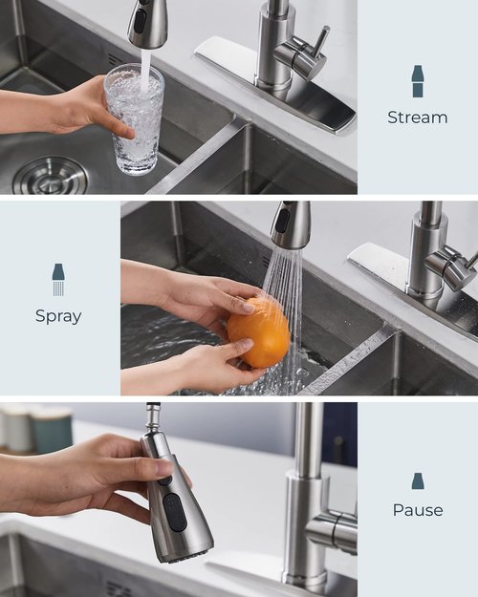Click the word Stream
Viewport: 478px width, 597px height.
coord(417,117)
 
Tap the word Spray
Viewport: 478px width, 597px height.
coord(58,315)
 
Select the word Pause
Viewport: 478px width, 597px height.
coord(418,510)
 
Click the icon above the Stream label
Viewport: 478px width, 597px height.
coord(418,81)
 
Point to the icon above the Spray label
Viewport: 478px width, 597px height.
coord(58,279)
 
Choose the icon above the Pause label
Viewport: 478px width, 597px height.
coord(418,480)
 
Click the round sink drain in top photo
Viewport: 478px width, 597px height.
coord(50,177)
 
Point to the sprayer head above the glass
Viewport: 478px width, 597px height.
coord(148,23)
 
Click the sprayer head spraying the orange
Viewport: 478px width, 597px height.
coord(290,225)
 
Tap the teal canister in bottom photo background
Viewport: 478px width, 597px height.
coord(54,430)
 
